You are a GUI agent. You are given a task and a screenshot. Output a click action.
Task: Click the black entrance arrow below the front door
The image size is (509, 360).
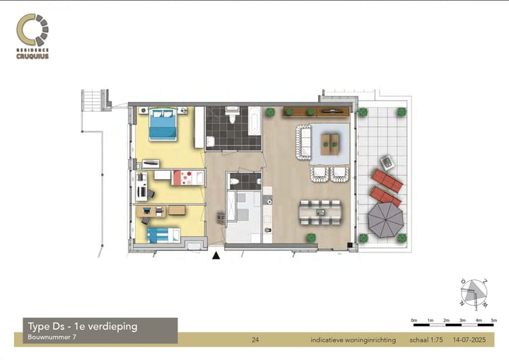(x=216, y=257)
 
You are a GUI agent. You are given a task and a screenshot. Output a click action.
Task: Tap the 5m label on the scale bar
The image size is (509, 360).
(x=494, y=321)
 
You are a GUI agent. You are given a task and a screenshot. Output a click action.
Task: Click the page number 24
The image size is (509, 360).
(x=255, y=340)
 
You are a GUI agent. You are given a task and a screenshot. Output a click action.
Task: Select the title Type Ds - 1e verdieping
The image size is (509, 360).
(x=83, y=326)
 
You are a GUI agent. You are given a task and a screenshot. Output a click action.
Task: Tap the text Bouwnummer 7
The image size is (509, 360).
(x=52, y=337)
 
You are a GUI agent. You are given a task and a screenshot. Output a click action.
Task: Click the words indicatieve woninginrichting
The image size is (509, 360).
(x=353, y=340)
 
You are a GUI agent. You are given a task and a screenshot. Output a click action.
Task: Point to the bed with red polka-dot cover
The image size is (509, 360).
(x=188, y=176)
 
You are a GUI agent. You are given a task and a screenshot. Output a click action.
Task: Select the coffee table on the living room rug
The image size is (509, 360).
(x=329, y=144)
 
